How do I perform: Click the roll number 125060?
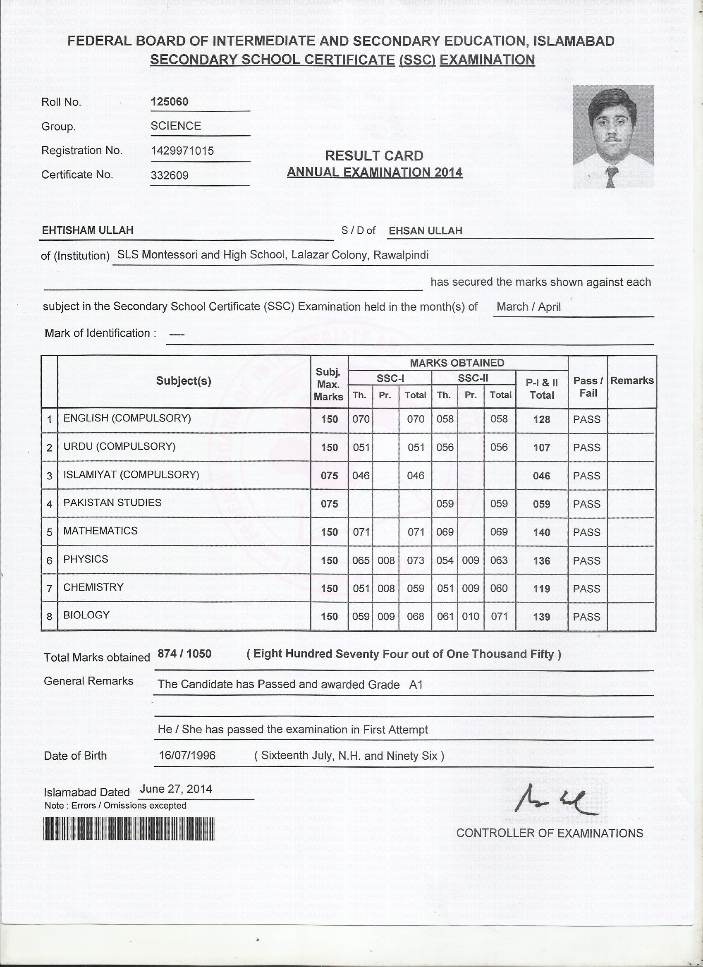pos(169,101)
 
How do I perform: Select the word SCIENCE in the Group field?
pos(176,126)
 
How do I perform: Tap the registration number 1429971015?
pos(182,151)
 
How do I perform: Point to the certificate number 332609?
pos(169,175)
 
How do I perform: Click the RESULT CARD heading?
pos(374,156)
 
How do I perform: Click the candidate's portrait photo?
pos(612,136)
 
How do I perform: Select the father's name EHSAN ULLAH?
pos(425,231)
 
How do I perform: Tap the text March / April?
pos(528,306)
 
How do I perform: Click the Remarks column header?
pos(631,381)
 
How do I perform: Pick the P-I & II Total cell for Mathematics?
pos(541,532)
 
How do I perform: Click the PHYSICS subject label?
pos(86,559)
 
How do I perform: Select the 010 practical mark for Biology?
pos(470,617)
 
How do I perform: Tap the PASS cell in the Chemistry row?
pos(586,589)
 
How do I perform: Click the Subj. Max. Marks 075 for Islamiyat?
pos(329,475)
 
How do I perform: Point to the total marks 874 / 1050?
pos(184,654)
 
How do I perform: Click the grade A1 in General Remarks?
pos(415,685)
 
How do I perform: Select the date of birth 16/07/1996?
pos(187,756)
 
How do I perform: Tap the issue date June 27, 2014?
pos(176,789)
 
